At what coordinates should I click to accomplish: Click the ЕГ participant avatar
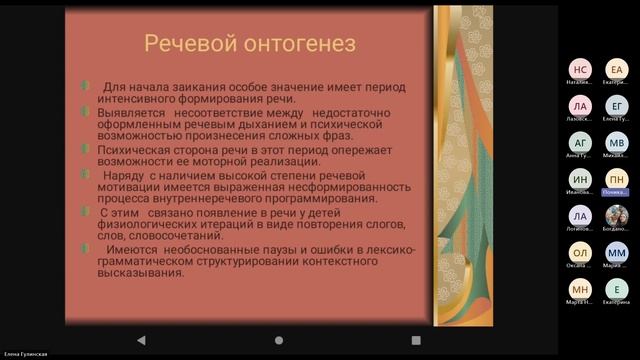[617, 106]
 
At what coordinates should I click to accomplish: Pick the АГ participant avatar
[581, 143]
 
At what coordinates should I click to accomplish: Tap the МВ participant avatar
[617, 143]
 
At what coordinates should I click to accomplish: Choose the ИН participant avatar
[581, 179]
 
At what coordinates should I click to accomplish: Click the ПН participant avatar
[617, 179]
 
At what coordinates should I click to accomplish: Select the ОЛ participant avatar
[581, 253]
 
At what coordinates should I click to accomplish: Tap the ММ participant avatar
[617, 253]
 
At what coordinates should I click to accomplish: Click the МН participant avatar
[581, 289]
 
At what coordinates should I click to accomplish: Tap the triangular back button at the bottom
[140, 341]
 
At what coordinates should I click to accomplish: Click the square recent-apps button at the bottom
[416, 341]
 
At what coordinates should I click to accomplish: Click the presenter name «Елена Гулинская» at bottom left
[27, 354]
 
